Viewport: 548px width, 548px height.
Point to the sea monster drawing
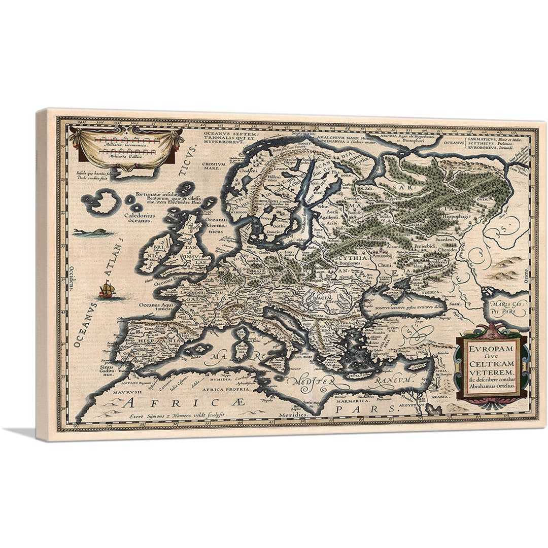(86, 233)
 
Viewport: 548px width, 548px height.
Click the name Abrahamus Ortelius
(491, 386)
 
